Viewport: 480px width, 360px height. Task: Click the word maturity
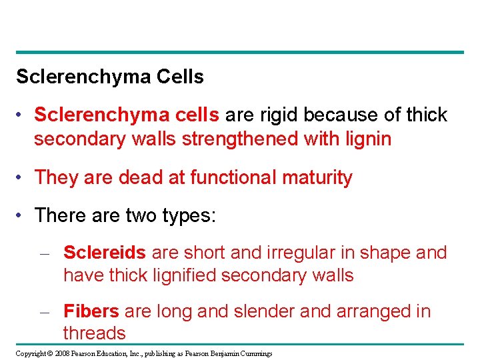[x=317, y=177]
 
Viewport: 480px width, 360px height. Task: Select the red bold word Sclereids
[x=105, y=253]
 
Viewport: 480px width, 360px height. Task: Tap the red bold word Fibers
[x=91, y=311]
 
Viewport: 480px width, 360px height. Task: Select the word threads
[x=94, y=333]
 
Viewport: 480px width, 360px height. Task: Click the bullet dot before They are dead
[x=22, y=178]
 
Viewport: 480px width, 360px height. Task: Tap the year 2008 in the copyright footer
[x=62, y=353]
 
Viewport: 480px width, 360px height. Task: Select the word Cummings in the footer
[x=257, y=353]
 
